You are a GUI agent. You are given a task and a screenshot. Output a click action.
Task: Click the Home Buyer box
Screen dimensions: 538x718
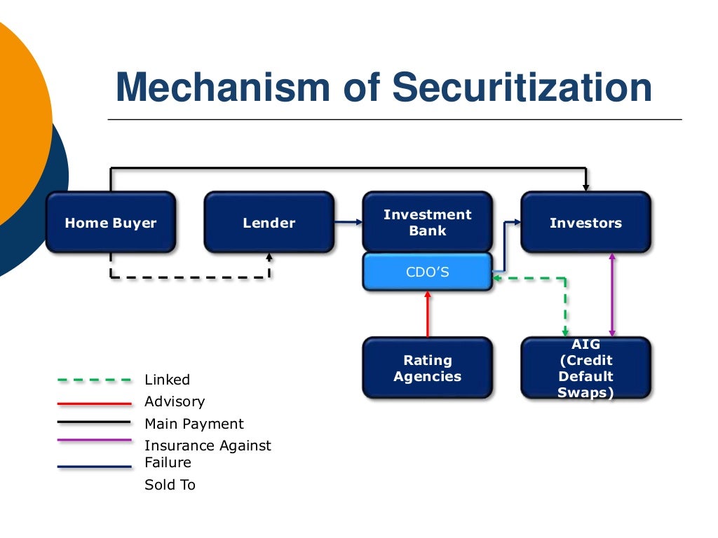coord(111,223)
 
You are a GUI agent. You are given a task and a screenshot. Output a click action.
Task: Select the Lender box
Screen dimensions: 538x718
coord(269,223)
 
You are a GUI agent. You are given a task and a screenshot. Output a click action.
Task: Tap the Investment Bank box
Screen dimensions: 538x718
coord(427,222)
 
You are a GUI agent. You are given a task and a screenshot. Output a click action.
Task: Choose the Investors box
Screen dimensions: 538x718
coord(585,223)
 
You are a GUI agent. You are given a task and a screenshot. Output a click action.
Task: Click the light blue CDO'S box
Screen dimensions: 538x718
coord(427,272)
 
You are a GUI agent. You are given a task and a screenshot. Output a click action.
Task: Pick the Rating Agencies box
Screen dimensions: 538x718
coord(427,368)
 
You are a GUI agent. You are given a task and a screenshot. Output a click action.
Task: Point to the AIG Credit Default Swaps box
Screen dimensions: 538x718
coord(585,368)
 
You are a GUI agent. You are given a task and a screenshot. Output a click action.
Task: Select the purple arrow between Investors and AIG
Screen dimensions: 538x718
coord(612,294)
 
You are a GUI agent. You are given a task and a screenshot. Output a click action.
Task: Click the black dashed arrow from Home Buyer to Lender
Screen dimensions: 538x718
coord(189,277)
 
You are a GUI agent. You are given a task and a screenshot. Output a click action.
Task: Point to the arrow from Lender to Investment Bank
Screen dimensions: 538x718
coord(348,223)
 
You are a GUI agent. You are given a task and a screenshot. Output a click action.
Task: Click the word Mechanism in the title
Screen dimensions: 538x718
coord(222,88)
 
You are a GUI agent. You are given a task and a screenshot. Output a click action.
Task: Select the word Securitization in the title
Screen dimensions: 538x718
coord(522,88)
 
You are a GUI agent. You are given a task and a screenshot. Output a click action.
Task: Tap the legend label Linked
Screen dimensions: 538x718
coord(167,380)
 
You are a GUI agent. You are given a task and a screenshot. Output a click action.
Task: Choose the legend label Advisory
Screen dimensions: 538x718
coord(175,401)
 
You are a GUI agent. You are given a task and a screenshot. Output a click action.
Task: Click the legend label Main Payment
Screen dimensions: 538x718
coord(194,424)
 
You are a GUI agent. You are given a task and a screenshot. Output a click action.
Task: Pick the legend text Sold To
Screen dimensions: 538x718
coord(170,485)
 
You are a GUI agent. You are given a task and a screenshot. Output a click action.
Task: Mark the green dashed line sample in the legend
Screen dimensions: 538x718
coord(95,380)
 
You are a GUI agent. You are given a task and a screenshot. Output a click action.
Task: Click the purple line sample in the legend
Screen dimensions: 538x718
coord(95,441)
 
